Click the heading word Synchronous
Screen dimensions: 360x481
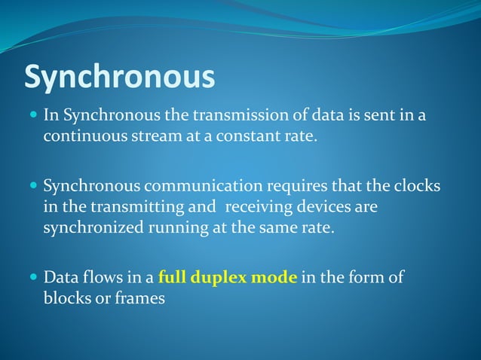click(120, 77)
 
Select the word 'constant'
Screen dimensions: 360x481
click(239, 137)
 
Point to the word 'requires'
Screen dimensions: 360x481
click(294, 186)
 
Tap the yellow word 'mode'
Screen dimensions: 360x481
click(275, 277)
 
